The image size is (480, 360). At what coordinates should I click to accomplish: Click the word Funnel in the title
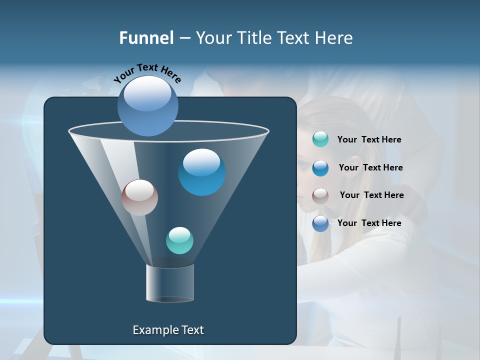146,38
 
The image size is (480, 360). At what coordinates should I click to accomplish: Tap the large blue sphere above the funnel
147,106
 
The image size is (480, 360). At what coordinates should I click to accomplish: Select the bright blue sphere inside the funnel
202,172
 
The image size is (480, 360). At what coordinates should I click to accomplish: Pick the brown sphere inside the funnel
139,197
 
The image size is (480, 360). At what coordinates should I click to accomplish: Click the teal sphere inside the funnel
179,240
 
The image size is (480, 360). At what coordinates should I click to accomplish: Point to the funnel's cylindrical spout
170,283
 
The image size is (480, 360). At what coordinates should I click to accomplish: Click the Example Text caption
168,330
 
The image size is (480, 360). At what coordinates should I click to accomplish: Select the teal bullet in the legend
320,139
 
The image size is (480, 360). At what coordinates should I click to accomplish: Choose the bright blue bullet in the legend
320,168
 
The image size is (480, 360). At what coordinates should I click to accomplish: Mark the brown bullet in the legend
320,196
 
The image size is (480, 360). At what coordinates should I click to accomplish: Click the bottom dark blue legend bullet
320,223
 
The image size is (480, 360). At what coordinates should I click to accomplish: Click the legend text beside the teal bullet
369,140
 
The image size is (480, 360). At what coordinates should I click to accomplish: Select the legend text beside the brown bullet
372,195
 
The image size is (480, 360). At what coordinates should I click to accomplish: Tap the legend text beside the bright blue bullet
371,168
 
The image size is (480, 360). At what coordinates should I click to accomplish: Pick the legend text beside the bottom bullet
369,223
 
